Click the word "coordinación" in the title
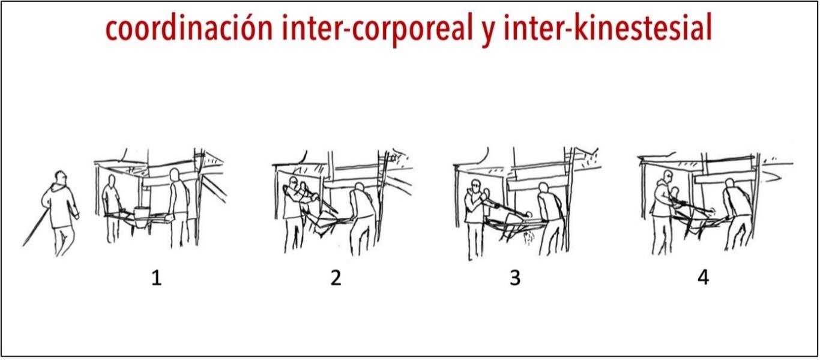coord(190,29)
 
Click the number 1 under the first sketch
coord(156,278)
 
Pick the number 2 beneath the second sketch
coord(336,278)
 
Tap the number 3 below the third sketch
coord(515,278)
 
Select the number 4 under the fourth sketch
coord(703,277)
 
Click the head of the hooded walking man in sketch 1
coord(60,178)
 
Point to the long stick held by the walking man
coord(35,227)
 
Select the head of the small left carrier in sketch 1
coord(111,181)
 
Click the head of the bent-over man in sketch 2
coord(360,188)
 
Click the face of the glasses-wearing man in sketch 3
coord(475,187)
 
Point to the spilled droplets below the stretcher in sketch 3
coord(529,238)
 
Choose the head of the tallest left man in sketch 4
coord(668,178)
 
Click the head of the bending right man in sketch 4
coord(729,184)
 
